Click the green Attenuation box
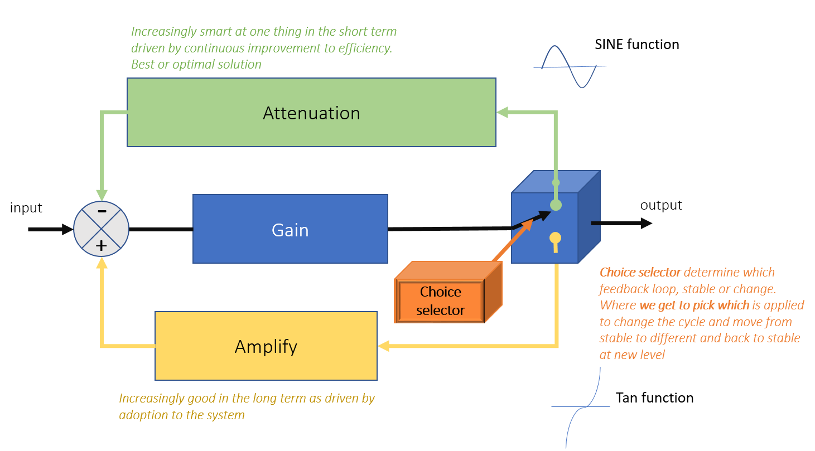pos(311,113)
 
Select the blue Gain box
pos(290,229)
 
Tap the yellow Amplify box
pos(266,346)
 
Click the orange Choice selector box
pos(440,301)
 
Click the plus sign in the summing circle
pos(102,245)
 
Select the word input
pos(26,208)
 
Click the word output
pos(661,205)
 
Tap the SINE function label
pos(636,45)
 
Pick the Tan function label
pos(654,398)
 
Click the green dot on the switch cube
pos(556,205)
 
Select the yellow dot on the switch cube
pos(556,238)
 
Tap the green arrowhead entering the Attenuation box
pos(502,113)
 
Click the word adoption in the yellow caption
pos(142,415)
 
